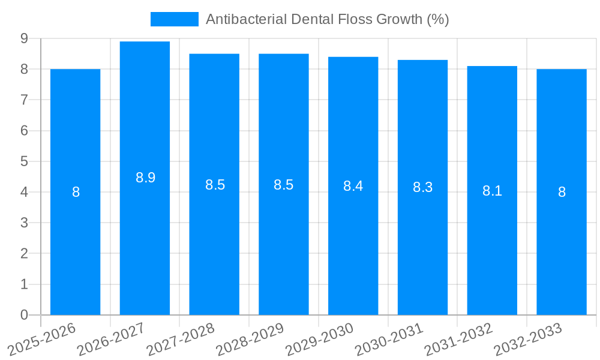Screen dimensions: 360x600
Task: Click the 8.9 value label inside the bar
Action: click(x=145, y=178)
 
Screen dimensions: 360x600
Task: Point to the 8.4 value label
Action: click(x=353, y=186)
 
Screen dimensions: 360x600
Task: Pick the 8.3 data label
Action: click(x=422, y=187)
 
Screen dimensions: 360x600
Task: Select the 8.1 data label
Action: click(x=492, y=191)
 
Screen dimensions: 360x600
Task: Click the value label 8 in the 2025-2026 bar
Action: click(x=76, y=193)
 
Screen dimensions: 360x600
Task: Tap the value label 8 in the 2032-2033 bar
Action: click(x=562, y=193)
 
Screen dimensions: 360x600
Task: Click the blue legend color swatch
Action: click(x=174, y=19)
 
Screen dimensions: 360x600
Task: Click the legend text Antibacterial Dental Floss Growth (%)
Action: click(x=327, y=19)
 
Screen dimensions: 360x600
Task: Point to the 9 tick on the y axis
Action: click(x=24, y=38)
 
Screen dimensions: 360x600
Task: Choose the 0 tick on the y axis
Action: click(x=24, y=315)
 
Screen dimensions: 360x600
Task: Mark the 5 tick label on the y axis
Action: click(x=24, y=161)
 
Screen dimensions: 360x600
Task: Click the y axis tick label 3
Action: click(x=24, y=223)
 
